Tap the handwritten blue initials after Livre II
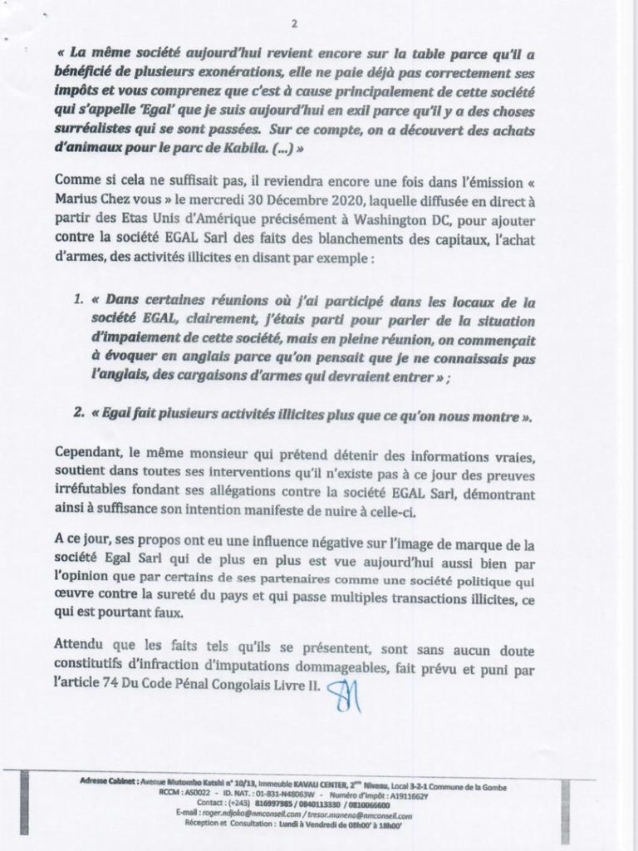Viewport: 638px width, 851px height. pos(343,691)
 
